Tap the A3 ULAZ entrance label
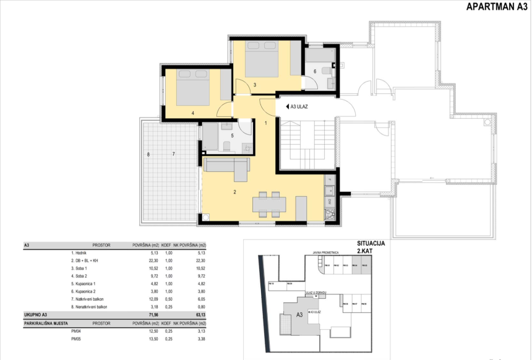[x=299, y=106]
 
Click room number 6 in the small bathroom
[x=314, y=71]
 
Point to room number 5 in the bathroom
[x=232, y=135]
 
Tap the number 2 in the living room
[x=235, y=192]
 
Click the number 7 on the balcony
[x=174, y=154]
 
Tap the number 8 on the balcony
[x=148, y=154]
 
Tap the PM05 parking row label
[x=77, y=339]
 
